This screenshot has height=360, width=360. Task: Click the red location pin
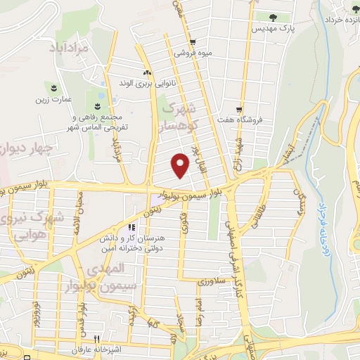coord(181,165)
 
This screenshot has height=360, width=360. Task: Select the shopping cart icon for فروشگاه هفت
coord(240,110)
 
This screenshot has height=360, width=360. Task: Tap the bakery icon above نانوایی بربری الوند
coord(147,72)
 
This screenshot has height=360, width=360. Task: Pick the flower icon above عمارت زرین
coord(54,86)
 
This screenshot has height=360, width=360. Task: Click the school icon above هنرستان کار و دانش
coord(131,228)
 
